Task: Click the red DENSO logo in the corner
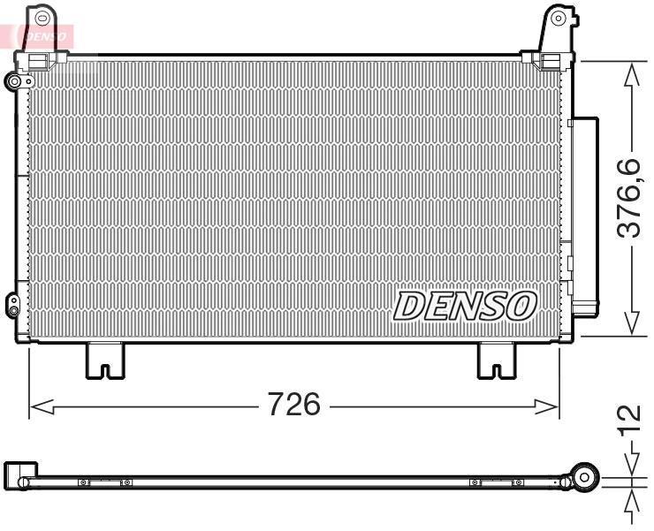[39, 35]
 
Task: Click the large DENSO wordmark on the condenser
[465, 306]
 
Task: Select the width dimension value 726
[294, 405]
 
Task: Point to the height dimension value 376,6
[628, 198]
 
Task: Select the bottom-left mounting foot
[105, 360]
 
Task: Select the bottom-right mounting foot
[498, 360]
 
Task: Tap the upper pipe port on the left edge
[14, 81]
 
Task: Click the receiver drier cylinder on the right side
[583, 216]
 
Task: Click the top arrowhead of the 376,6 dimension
[629, 77]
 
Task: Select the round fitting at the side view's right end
[583, 476]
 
